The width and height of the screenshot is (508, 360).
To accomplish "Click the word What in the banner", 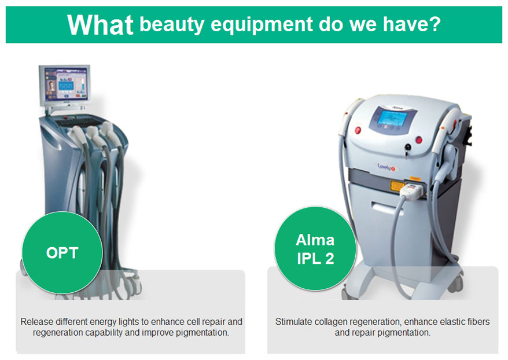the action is (x=100, y=25).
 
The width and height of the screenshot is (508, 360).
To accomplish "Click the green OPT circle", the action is (x=62, y=253).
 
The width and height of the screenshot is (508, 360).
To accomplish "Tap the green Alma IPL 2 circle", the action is (x=315, y=248).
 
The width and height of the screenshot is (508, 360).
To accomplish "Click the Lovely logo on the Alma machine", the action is (x=386, y=167).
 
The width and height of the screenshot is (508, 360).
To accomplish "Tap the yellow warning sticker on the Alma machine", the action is (x=396, y=186).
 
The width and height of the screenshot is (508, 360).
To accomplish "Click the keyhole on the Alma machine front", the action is (x=408, y=148).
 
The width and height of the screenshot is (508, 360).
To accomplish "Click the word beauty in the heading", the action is (x=172, y=25).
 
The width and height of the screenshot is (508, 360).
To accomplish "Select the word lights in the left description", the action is (x=128, y=322).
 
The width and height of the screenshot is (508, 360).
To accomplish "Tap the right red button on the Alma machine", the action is (x=419, y=140).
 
